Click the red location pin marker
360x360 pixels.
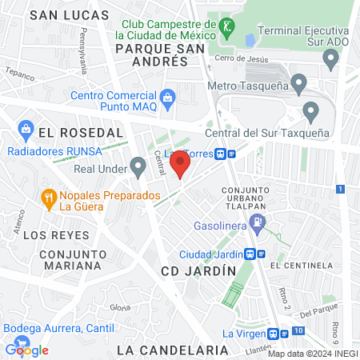click(x=181, y=166)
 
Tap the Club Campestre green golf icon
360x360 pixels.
click(x=228, y=27)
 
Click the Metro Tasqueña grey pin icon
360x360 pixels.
click(x=299, y=83)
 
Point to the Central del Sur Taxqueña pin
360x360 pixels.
click(x=311, y=111)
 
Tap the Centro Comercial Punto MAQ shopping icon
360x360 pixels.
click(x=167, y=99)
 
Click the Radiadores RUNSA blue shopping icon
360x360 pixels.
click(x=26, y=129)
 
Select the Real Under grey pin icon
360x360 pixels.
click(x=138, y=167)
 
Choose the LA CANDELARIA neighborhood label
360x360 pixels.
click(x=172, y=350)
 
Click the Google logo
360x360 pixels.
click(x=26, y=350)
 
